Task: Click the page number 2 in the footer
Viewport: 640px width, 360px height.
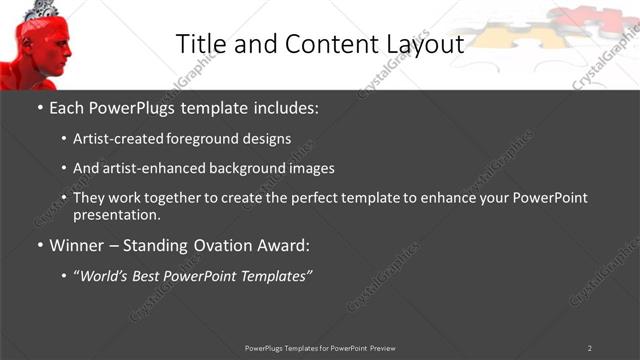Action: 589,347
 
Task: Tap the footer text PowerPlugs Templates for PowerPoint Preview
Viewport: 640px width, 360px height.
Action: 320,347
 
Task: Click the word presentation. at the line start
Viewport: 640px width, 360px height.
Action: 117,214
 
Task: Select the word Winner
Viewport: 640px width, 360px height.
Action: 77,245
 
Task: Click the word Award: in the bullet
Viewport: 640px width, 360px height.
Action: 282,245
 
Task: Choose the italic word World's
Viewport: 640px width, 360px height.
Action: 105,275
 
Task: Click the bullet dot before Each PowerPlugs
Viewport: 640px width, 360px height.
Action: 40,108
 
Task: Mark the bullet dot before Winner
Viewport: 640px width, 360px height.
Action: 40,246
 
